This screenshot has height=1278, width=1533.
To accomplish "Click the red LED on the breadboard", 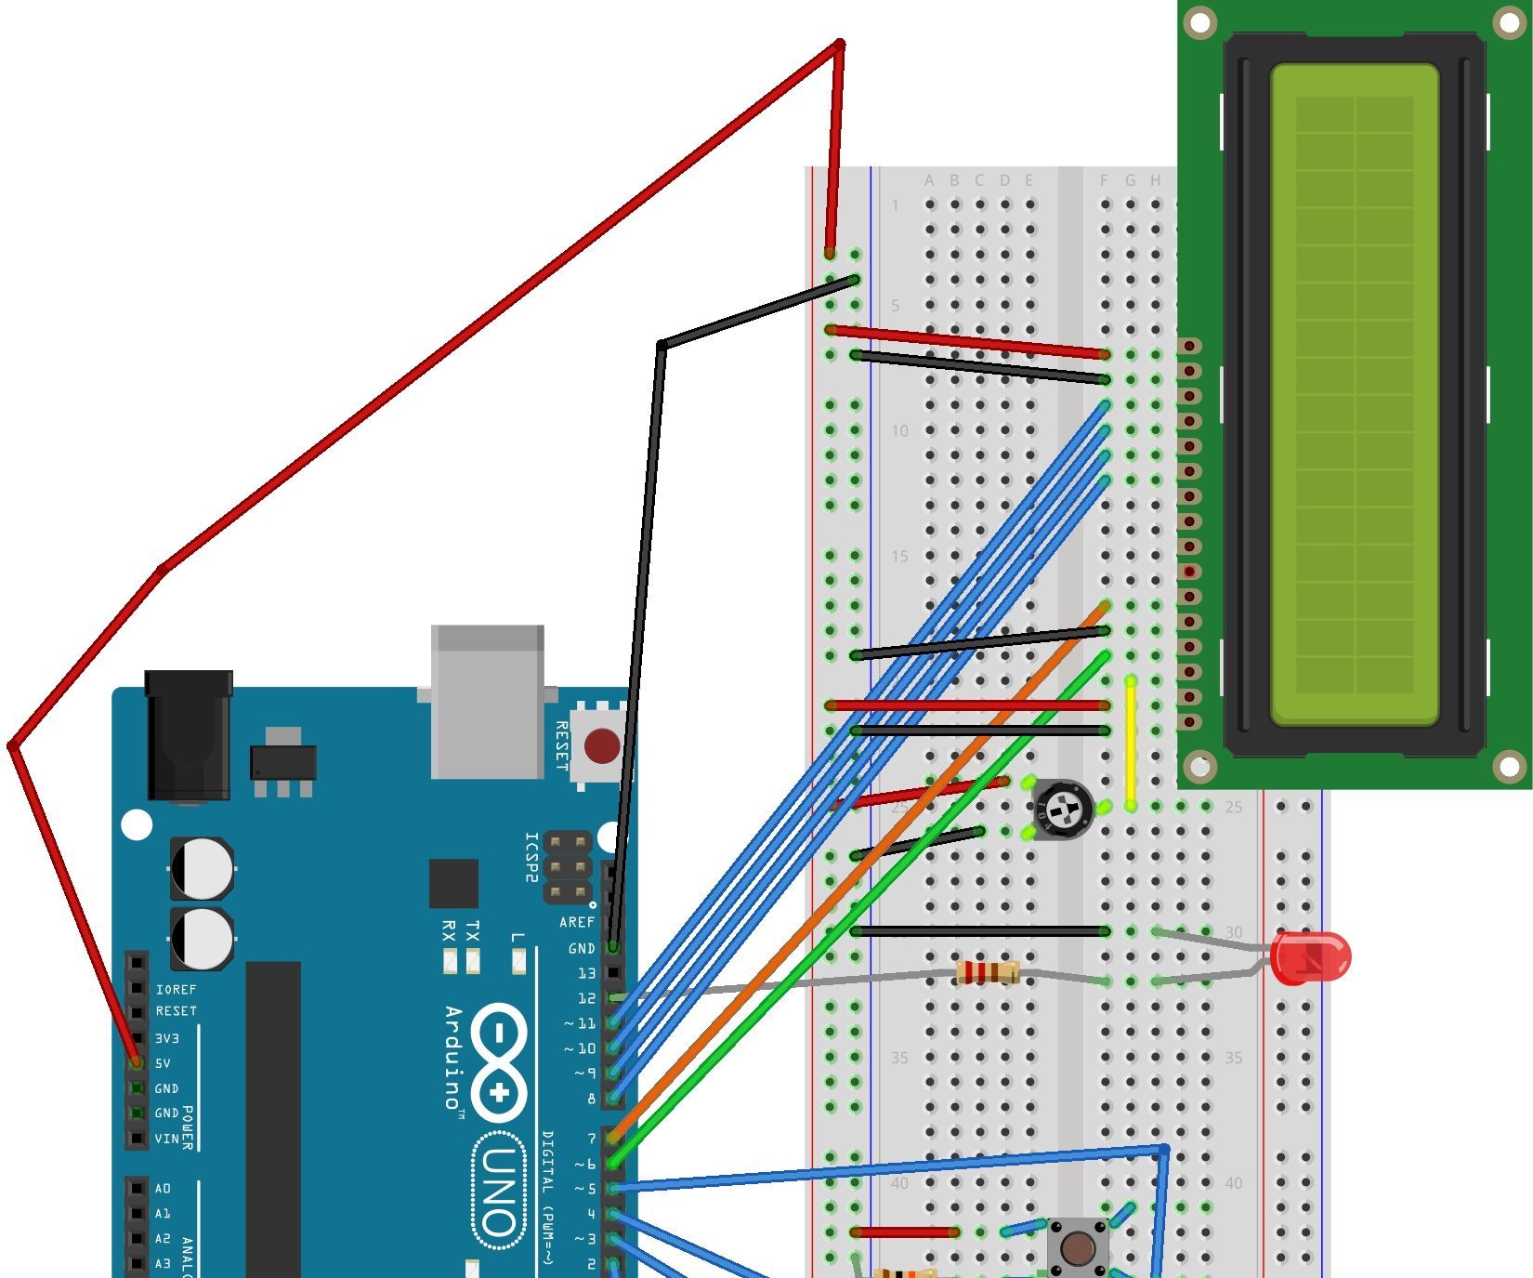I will (1310, 957).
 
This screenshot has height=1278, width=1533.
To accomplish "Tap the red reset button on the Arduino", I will (602, 745).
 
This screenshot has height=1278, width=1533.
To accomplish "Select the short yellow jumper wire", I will (1131, 744).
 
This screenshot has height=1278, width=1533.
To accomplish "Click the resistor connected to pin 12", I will (988, 973).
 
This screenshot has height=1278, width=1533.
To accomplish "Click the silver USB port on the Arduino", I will (487, 702).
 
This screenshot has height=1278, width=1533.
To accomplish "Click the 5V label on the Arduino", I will (163, 1063).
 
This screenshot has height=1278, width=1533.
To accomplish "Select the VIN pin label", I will (166, 1139).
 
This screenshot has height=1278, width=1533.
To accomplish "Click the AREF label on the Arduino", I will (576, 922).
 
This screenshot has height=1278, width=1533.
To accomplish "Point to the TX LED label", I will (472, 930).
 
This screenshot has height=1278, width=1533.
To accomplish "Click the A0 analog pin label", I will (163, 1189).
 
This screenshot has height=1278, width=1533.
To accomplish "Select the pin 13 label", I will (586, 973).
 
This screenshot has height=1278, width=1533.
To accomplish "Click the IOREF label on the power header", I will (176, 990).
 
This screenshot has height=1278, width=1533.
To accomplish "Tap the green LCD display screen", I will (1354, 395).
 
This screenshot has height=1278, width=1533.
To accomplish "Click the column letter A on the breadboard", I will (929, 180).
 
